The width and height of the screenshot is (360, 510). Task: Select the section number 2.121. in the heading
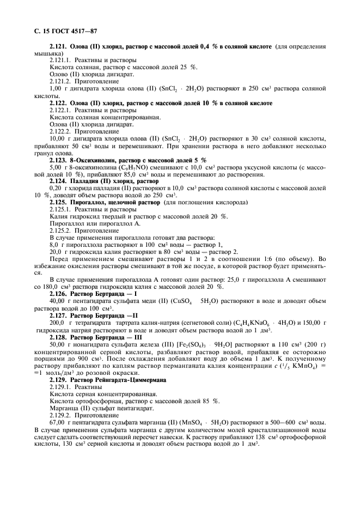(59, 47)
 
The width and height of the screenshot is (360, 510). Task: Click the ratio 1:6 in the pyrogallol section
(278, 258)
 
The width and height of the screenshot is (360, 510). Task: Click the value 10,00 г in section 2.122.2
(60, 139)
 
